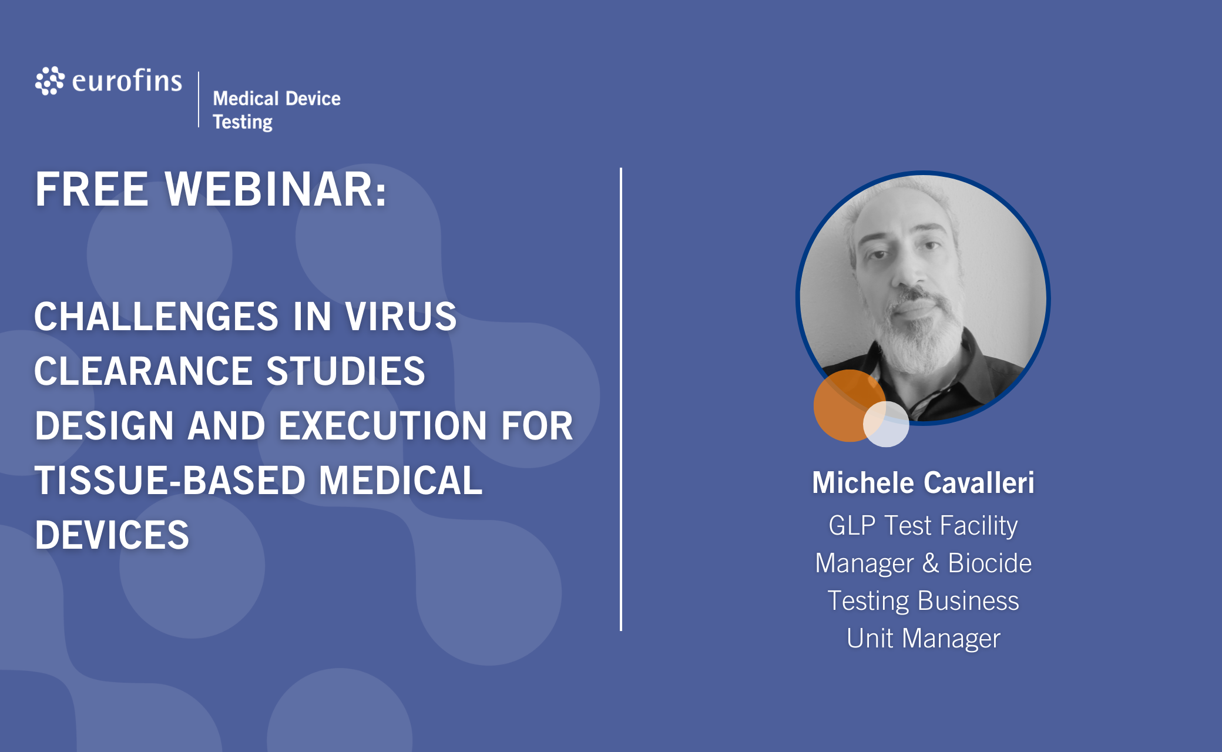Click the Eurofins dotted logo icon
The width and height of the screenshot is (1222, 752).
click(49, 80)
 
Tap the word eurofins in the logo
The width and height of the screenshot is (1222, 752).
click(127, 80)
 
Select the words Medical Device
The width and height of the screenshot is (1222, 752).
click(277, 98)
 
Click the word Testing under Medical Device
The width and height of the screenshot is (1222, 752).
click(243, 122)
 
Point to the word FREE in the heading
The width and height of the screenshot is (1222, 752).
click(92, 189)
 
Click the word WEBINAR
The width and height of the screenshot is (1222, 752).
click(276, 189)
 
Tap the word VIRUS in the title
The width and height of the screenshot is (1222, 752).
click(401, 316)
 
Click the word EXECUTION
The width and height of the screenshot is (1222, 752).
click(382, 425)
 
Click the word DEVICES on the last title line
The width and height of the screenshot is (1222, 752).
click(112, 535)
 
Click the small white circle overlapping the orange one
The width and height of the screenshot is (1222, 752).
click(886, 424)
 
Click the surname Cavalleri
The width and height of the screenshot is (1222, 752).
click(979, 483)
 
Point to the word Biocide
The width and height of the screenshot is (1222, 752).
click(990, 563)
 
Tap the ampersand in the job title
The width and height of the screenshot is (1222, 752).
click(931, 563)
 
